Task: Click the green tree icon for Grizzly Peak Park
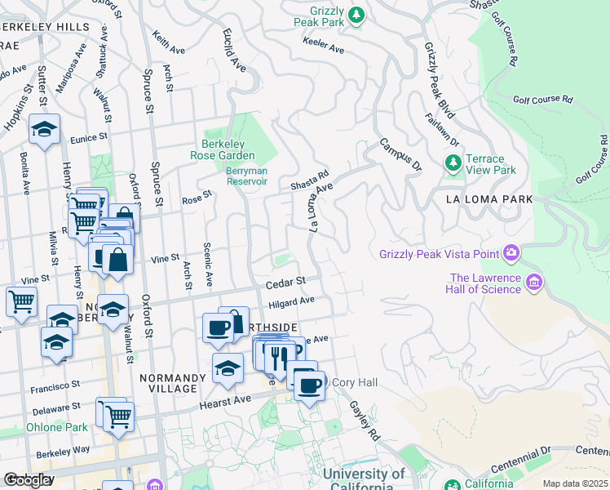coord(356,15)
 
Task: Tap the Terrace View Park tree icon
coord(453,164)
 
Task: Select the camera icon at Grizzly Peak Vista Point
coord(511,253)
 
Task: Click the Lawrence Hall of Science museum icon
coord(535,283)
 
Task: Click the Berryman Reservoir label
coord(246,176)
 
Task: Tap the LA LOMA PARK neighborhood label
coord(489,199)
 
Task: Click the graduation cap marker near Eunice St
coord(44,129)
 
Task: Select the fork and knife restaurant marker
coord(279,355)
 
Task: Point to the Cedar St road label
coord(285,281)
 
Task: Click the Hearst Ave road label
coord(222,403)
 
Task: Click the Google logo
coord(29,479)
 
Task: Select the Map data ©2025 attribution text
coord(574,483)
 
